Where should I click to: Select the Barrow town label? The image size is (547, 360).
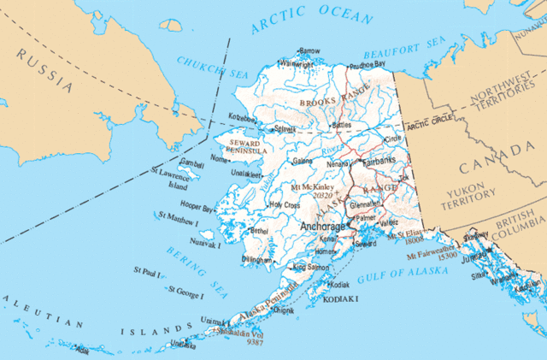[x=309, y=51]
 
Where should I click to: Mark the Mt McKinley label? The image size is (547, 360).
[x=313, y=186]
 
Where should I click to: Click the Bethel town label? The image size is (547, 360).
[x=259, y=230]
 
